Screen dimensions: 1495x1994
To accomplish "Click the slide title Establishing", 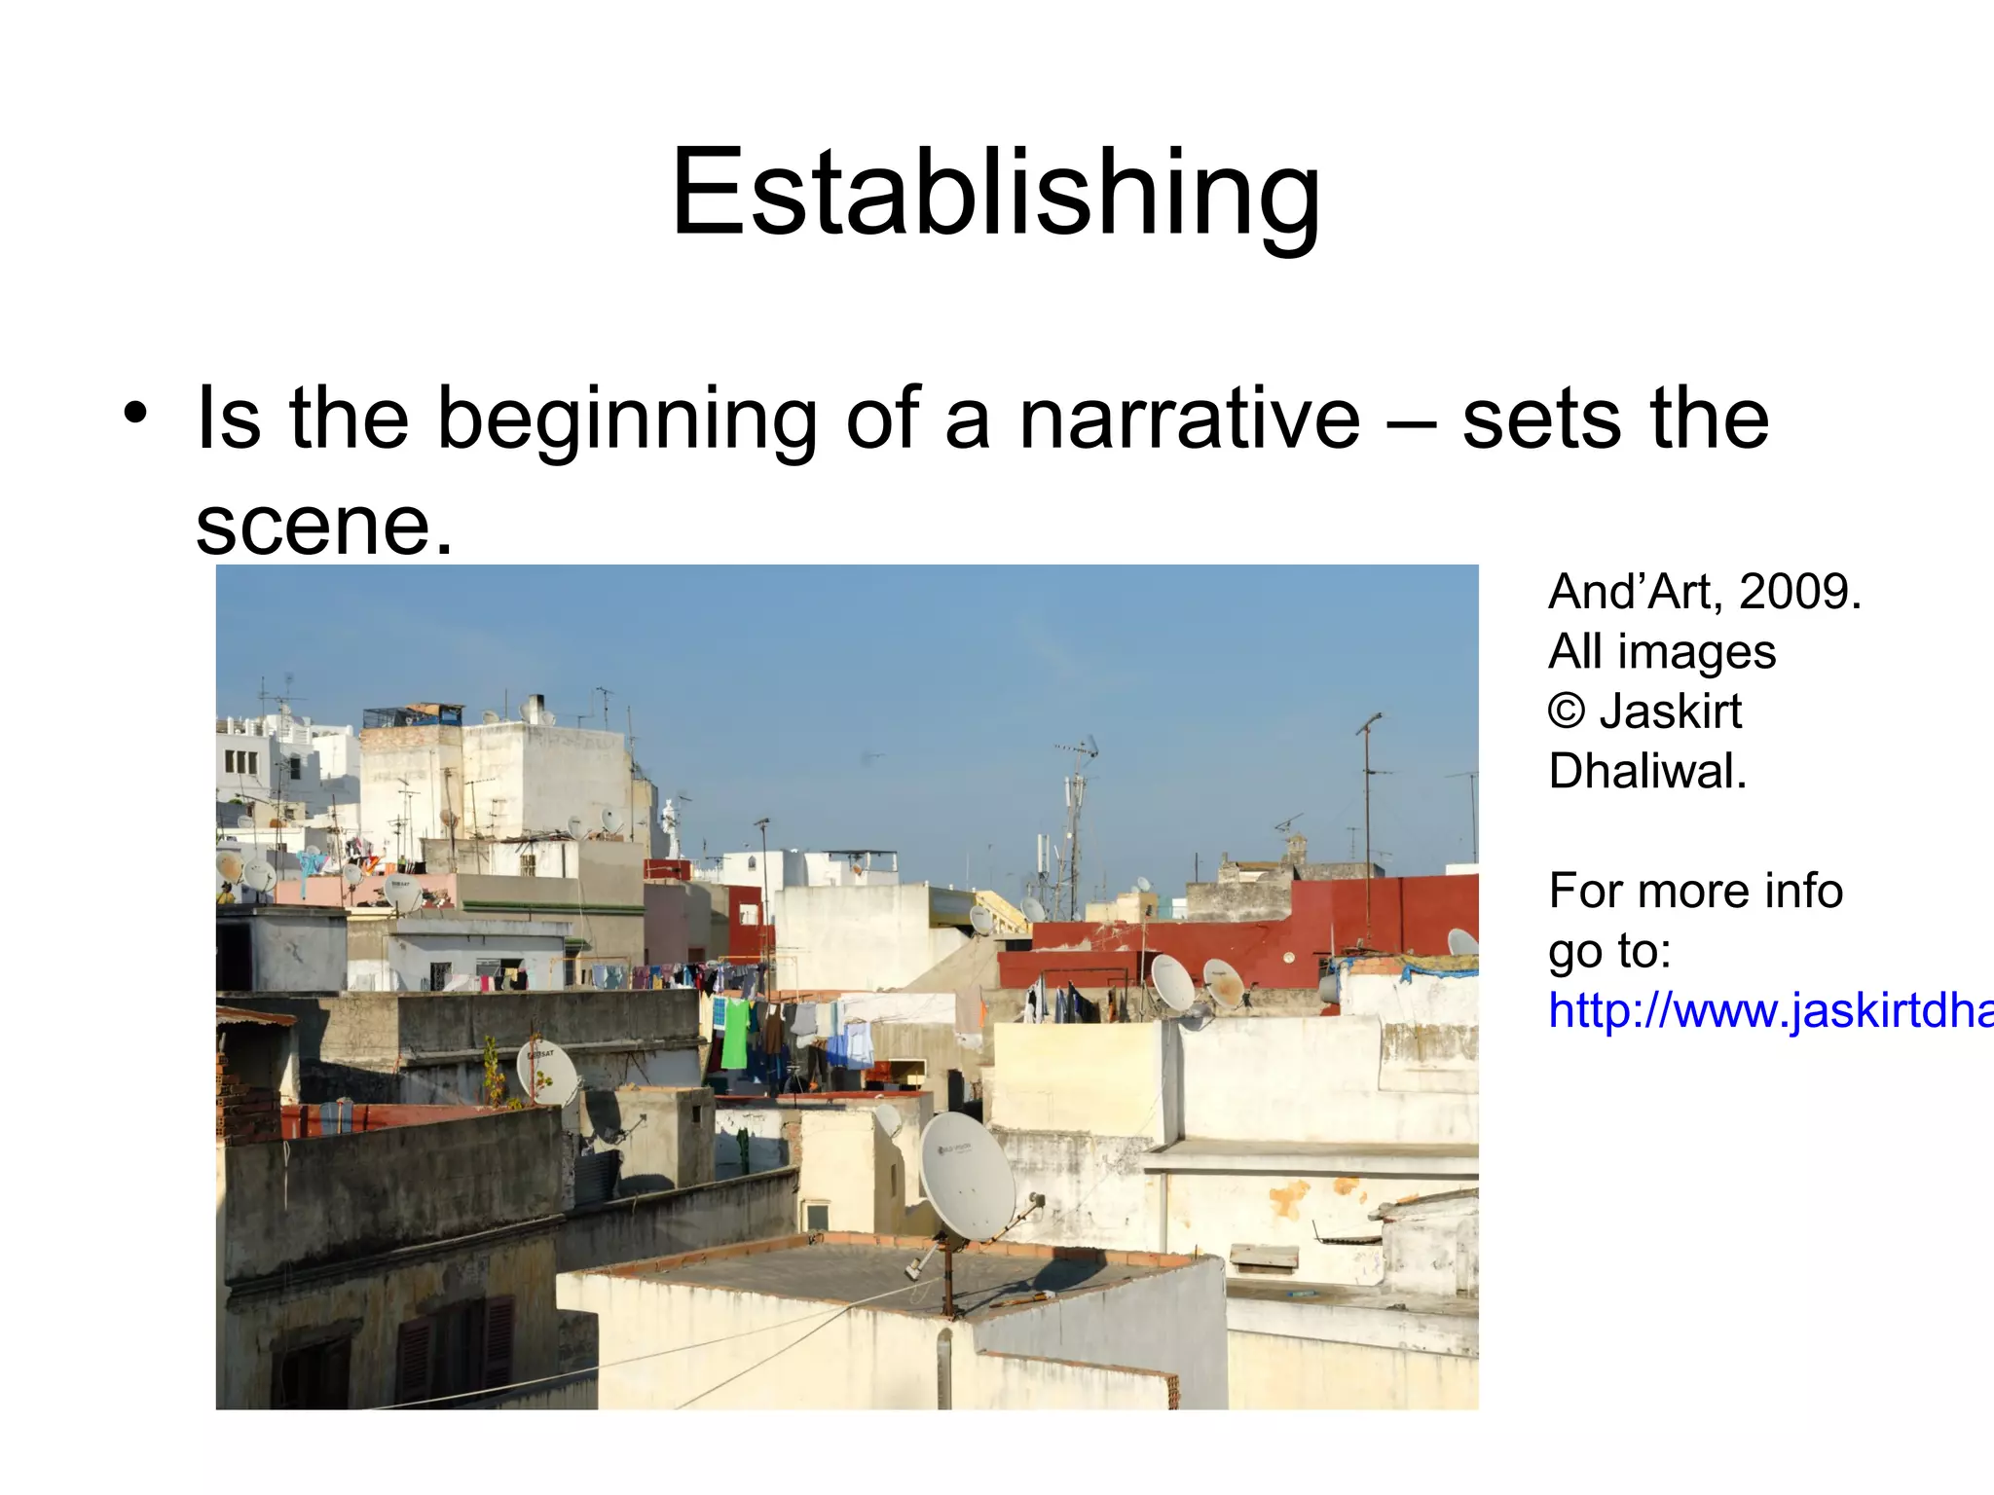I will tap(995, 192).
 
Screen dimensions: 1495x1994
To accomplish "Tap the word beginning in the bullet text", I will tap(627, 420).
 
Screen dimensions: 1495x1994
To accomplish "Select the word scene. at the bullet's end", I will tap(324, 526).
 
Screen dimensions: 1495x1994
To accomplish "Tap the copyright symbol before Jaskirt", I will tap(1567, 711).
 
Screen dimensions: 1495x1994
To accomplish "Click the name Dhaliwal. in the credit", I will tap(1647, 771).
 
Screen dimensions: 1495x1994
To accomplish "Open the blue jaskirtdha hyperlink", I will tap(1770, 1010).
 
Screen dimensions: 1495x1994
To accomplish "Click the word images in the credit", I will tap(1696, 652).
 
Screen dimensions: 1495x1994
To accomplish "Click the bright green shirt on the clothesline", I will tap(736, 1032).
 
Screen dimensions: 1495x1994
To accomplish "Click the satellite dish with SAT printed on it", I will tap(546, 1071).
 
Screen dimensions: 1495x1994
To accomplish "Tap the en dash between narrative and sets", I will tap(1411, 420).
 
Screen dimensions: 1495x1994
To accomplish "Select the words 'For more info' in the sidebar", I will tap(1695, 891).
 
